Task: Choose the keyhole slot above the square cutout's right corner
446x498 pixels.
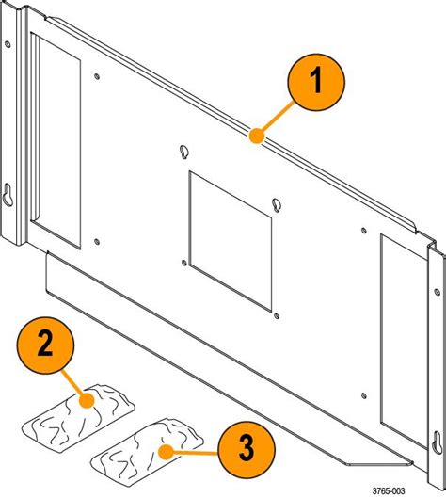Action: click(x=276, y=205)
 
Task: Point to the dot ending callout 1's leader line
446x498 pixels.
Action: click(x=252, y=137)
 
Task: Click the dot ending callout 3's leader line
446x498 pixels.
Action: click(x=166, y=450)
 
